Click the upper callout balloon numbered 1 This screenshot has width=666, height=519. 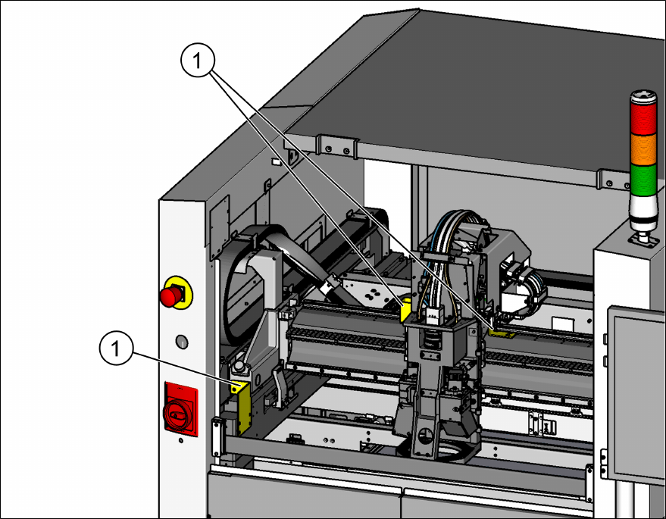(198, 61)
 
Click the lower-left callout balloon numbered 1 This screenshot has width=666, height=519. (116, 349)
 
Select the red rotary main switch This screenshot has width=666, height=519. (180, 409)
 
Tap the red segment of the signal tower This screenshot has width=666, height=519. (643, 118)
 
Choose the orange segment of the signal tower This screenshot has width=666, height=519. (643, 150)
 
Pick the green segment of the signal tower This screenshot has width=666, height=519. (643, 181)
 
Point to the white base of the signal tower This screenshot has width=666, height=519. (643, 214)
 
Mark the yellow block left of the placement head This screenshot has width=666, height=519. (406, 310)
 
